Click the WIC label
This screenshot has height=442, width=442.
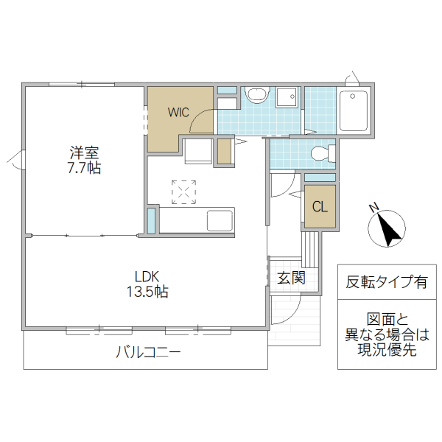178,113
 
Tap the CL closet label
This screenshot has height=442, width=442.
319,206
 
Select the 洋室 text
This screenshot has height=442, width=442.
84,153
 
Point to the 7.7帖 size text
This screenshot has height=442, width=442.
84,168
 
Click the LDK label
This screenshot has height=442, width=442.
147,276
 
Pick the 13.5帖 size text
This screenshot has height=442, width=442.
147,292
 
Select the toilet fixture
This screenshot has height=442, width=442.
322,154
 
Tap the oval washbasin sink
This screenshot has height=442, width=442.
257,95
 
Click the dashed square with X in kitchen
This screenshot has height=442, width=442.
184,192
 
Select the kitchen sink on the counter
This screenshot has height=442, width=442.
220,220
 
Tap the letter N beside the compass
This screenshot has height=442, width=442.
374,207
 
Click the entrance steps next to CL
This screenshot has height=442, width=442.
310,247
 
